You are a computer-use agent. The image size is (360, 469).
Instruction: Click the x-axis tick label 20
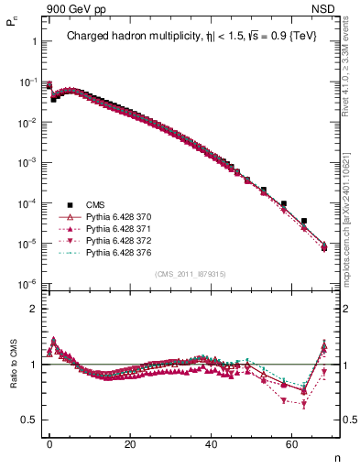130,443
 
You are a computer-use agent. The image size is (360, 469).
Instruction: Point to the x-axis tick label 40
211,443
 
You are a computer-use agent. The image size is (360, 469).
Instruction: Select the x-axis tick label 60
291,443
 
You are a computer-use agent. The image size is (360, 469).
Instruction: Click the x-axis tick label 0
49,443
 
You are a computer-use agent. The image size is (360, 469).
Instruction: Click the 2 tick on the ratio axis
32,309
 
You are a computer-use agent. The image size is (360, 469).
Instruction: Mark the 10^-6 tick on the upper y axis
26,284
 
